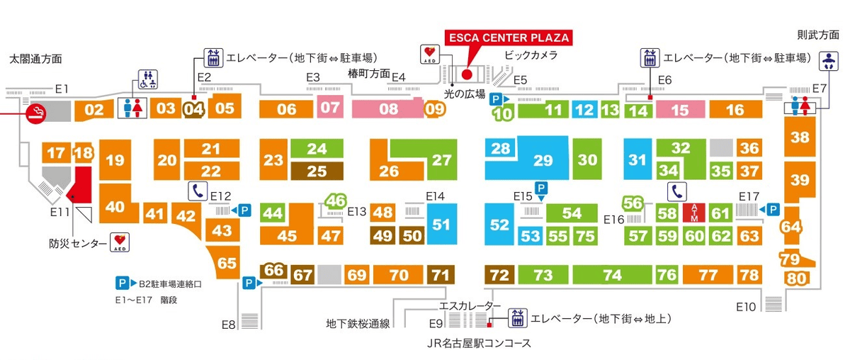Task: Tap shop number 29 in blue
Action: [543, 161]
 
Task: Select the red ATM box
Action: [695, 213]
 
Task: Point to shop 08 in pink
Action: [388, 109]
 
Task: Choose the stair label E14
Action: [434, 196]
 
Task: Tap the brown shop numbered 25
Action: [317, 171]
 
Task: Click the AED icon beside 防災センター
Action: [119, 243]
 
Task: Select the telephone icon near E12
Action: [197, 191]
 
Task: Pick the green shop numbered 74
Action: [612, 275]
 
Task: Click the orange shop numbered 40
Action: [115, 207]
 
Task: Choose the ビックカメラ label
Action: [531, 55]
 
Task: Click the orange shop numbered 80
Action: [796, 278]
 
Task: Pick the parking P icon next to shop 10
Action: [497, 100]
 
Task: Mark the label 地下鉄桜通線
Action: [358, 324]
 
